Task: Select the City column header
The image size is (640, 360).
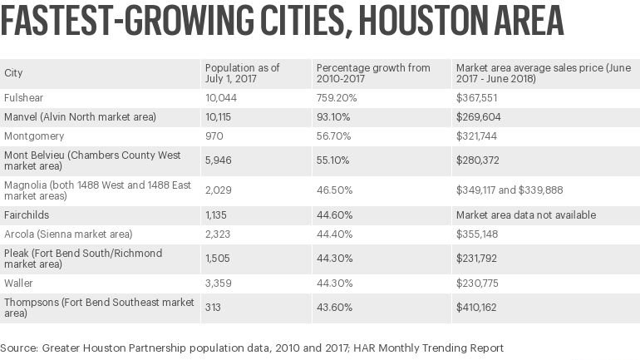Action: (13, 73)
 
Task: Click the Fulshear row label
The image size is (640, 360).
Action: (23, 98)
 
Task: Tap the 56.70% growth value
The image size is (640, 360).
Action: (333, 136)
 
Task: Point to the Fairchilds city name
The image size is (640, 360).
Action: (27, 215)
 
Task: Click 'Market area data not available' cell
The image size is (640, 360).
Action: (525, 215)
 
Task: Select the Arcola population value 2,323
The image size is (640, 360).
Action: (219, 234)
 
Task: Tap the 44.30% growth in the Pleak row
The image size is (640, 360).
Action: (333, 258)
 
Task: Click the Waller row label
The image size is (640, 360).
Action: (19, 283)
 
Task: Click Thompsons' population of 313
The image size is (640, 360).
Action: (213, 307)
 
